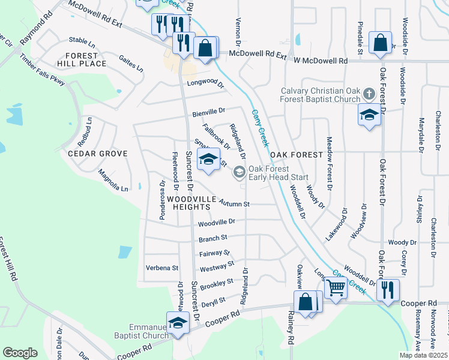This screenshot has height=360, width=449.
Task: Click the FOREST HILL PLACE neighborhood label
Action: tap(82, 59)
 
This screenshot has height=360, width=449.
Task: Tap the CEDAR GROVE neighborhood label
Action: tap(98, 154)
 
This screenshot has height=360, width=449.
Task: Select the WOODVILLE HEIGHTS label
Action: tap(188, 202)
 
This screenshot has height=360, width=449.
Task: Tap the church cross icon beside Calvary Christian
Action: tap(369, 94)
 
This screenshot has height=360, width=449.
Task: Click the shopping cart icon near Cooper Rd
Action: tap(336, 288)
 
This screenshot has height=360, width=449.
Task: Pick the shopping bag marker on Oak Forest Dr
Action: tap(380, 43)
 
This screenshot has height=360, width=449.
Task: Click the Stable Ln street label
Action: tap(82, 43)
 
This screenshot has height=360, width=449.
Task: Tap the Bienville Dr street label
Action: tap(208, 112)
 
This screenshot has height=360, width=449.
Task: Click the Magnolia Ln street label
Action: tap(113, 181)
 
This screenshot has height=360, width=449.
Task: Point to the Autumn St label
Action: tap(234, 203)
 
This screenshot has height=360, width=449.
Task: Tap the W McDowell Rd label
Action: tap(321, 61)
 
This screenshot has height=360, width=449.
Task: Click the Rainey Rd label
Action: tap(291, 331)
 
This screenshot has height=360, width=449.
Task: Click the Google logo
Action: tap(20, 353)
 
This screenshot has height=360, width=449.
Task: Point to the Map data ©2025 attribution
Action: tap(423, 355)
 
